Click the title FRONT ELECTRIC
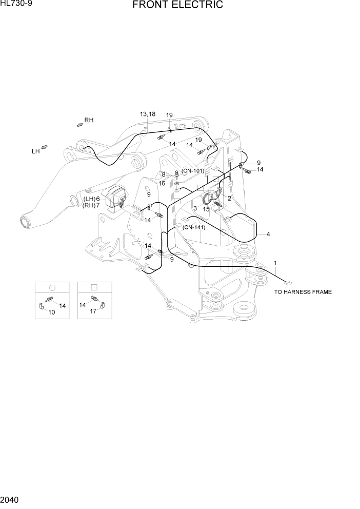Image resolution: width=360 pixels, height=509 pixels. coord(177,6)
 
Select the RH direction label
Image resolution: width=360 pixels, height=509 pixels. coord(89,120)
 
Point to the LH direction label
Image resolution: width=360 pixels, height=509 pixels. coord(35,151)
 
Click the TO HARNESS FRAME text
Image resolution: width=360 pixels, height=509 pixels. coord(303,292)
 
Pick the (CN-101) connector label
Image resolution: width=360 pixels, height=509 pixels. coord(192,171)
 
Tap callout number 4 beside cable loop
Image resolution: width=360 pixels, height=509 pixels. coord(268,234)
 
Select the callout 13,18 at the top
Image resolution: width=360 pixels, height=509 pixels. coord(148,114)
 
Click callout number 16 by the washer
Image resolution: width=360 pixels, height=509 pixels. coord(162,183)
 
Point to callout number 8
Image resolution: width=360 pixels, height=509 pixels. coord(163,174)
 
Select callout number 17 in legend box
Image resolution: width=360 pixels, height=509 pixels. coord(94,311)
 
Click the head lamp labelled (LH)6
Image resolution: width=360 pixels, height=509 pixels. coord(117,198)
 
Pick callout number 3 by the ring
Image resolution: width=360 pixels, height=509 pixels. coord(195,208)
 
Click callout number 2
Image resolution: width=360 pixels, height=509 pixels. coord(229,198)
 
